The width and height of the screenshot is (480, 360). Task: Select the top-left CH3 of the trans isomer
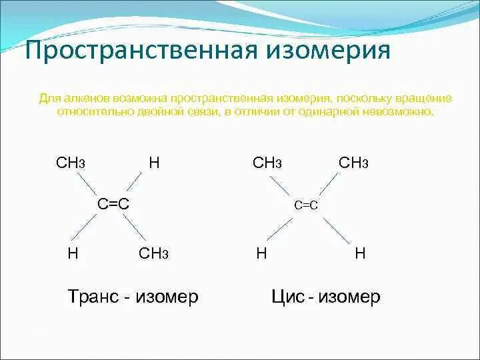coord(71,163)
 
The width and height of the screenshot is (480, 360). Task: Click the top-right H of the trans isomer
coord(154,162)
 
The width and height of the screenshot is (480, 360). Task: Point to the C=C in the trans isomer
coord(113,204)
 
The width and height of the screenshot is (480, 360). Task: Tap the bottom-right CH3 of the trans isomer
coord(154,253)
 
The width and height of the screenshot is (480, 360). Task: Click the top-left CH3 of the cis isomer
coord(267,163)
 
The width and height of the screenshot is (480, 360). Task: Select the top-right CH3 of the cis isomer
coord(353,163)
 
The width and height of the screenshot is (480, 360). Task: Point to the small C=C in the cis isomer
coord(306,206)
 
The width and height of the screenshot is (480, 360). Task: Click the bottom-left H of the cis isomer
coord(262,253)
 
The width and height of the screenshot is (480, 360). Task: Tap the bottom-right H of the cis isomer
coord(360,253)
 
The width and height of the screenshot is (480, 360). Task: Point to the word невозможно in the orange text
coord(401,112)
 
